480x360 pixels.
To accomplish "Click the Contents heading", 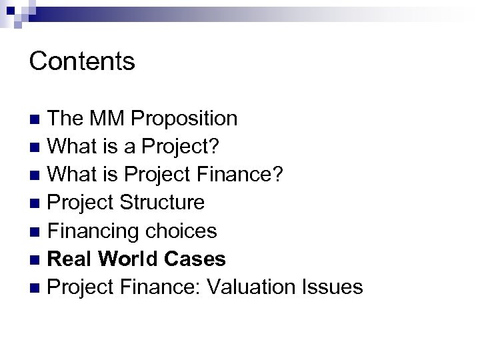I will click(x=82, y=62).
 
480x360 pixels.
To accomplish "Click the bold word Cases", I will click(x=199, y=259).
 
